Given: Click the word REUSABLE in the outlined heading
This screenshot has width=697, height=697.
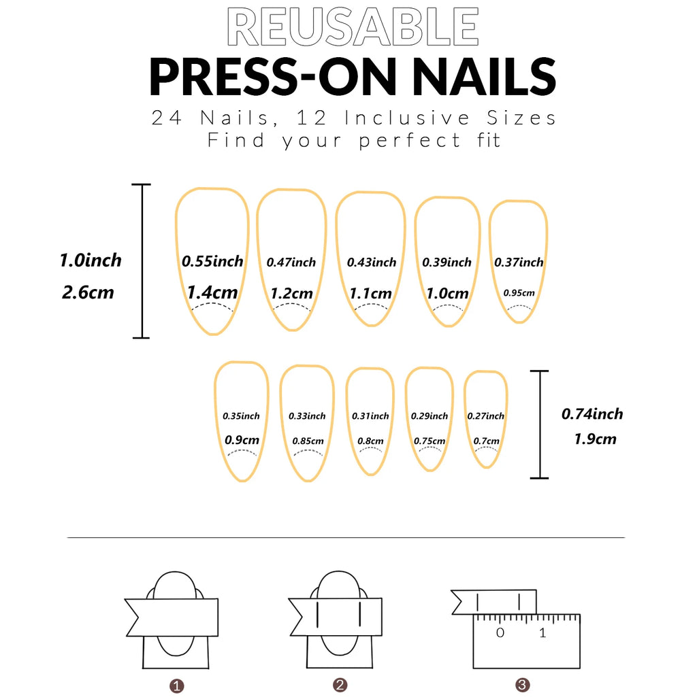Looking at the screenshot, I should [352, 28].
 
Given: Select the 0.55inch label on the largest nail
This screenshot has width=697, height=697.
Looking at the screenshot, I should [212, 261].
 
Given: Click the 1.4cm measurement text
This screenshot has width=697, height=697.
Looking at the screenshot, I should [212, 292].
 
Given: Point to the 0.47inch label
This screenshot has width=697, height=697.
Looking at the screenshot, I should [291, 262].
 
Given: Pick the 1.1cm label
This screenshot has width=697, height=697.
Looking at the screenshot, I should [371, 294].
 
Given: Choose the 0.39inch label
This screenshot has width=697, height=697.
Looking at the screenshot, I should [447, 262].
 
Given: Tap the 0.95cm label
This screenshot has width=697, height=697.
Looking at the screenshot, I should [519, 293].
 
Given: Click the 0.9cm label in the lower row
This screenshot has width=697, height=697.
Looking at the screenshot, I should [242, 440].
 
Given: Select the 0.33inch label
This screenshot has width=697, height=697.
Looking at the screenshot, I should [307, 415].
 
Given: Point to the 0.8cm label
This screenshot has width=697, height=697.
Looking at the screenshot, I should [370, 441].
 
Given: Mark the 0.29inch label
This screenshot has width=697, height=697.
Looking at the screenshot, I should [429, 415].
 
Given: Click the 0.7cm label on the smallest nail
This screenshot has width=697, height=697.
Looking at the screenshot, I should [486, 441].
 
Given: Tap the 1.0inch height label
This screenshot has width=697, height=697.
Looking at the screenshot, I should [91, 260].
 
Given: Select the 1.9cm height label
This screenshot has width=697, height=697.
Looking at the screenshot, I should [595, 439].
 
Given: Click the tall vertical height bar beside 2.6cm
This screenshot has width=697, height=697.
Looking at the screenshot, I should [142, 261].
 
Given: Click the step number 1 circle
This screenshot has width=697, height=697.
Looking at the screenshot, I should [177, 685].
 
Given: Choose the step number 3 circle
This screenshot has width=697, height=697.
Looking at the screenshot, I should [522, 685].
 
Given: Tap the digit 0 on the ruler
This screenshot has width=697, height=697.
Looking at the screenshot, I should [500, 633].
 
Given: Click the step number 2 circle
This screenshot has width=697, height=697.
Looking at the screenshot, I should [341, 685].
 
